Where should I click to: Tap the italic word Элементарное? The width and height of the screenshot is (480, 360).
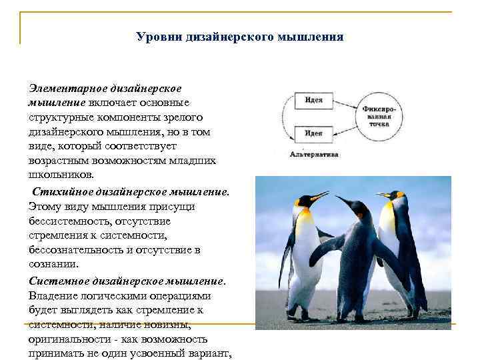[x=61, y=88]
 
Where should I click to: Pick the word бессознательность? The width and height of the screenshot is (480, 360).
[x=73, y=250]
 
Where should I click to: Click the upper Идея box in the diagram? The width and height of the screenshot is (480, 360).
[x=314, y=101]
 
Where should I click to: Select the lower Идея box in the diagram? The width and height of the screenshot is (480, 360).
[x=314, y=133]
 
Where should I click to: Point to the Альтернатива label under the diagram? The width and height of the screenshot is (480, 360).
[x=314, y=154]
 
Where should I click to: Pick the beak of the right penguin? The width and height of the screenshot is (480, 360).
[x=383, y=195]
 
